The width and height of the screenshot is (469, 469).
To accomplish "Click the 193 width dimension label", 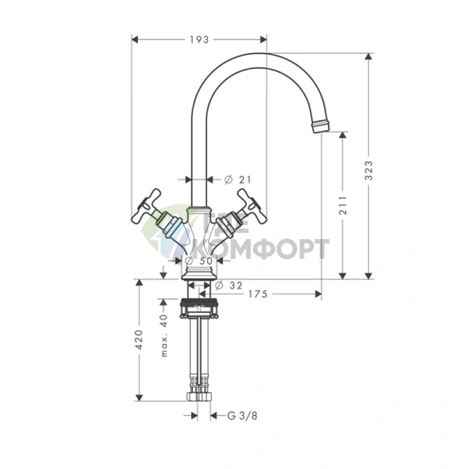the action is pos(200,40).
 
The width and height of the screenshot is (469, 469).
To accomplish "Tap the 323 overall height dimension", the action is pos(368,170).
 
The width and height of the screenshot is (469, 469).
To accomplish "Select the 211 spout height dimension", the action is pos(342,205).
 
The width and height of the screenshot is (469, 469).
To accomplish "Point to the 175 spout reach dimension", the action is pos(257,294).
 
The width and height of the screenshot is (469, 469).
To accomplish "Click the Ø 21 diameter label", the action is pos(237,180).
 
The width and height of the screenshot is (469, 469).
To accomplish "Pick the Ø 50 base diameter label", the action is pos(199,261).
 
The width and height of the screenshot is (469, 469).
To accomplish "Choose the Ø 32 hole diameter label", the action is pos(229,286).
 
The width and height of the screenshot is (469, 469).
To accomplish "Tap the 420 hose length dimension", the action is pos(139,339).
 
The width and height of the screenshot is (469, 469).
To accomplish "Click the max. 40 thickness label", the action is pos(165,336).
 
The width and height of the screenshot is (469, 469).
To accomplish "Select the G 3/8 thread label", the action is pos(242,416).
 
